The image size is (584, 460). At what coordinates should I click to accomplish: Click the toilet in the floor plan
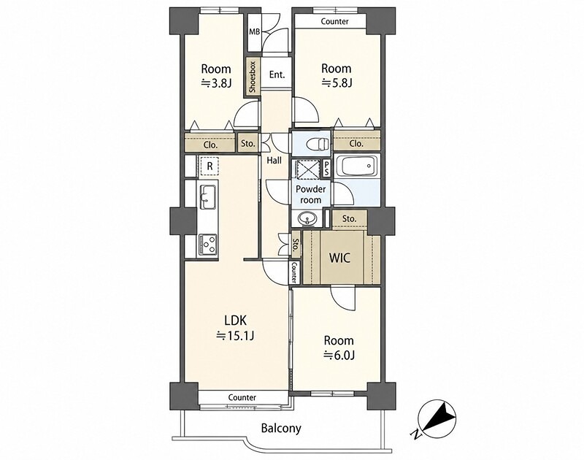tap(318, 143)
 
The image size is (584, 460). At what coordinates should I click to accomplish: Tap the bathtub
tap(356, 167)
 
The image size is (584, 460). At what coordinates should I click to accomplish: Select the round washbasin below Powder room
tap(307, 218)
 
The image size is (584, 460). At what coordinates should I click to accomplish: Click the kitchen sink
tap(208, 197)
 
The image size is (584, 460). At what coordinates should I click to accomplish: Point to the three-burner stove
tap(208, 245)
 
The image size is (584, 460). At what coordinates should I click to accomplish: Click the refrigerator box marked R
tap(210, 166)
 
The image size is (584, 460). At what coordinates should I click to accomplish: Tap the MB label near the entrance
tap(254, 32)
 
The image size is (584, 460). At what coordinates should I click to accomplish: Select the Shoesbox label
tap(253, 77)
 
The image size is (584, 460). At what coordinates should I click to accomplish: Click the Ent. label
tap(277, 74)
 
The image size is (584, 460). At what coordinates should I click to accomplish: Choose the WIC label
tap(339, 257)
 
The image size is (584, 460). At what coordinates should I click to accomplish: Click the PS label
tap(327, 169)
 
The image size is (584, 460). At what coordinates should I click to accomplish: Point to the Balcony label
tap(281, 429)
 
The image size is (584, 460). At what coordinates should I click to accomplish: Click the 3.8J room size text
tap(216, 83)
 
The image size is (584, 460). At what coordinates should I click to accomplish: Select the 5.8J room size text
tap(337, 83)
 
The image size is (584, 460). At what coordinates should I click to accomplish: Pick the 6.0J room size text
tap(339, 356)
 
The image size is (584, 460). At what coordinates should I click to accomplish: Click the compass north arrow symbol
tap(437, 419)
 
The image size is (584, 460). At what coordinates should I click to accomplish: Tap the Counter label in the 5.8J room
tap(335, 22)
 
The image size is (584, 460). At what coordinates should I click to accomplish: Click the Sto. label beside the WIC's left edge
tap(296, 246)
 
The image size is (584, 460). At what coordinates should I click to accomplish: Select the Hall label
tap(274, 161)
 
